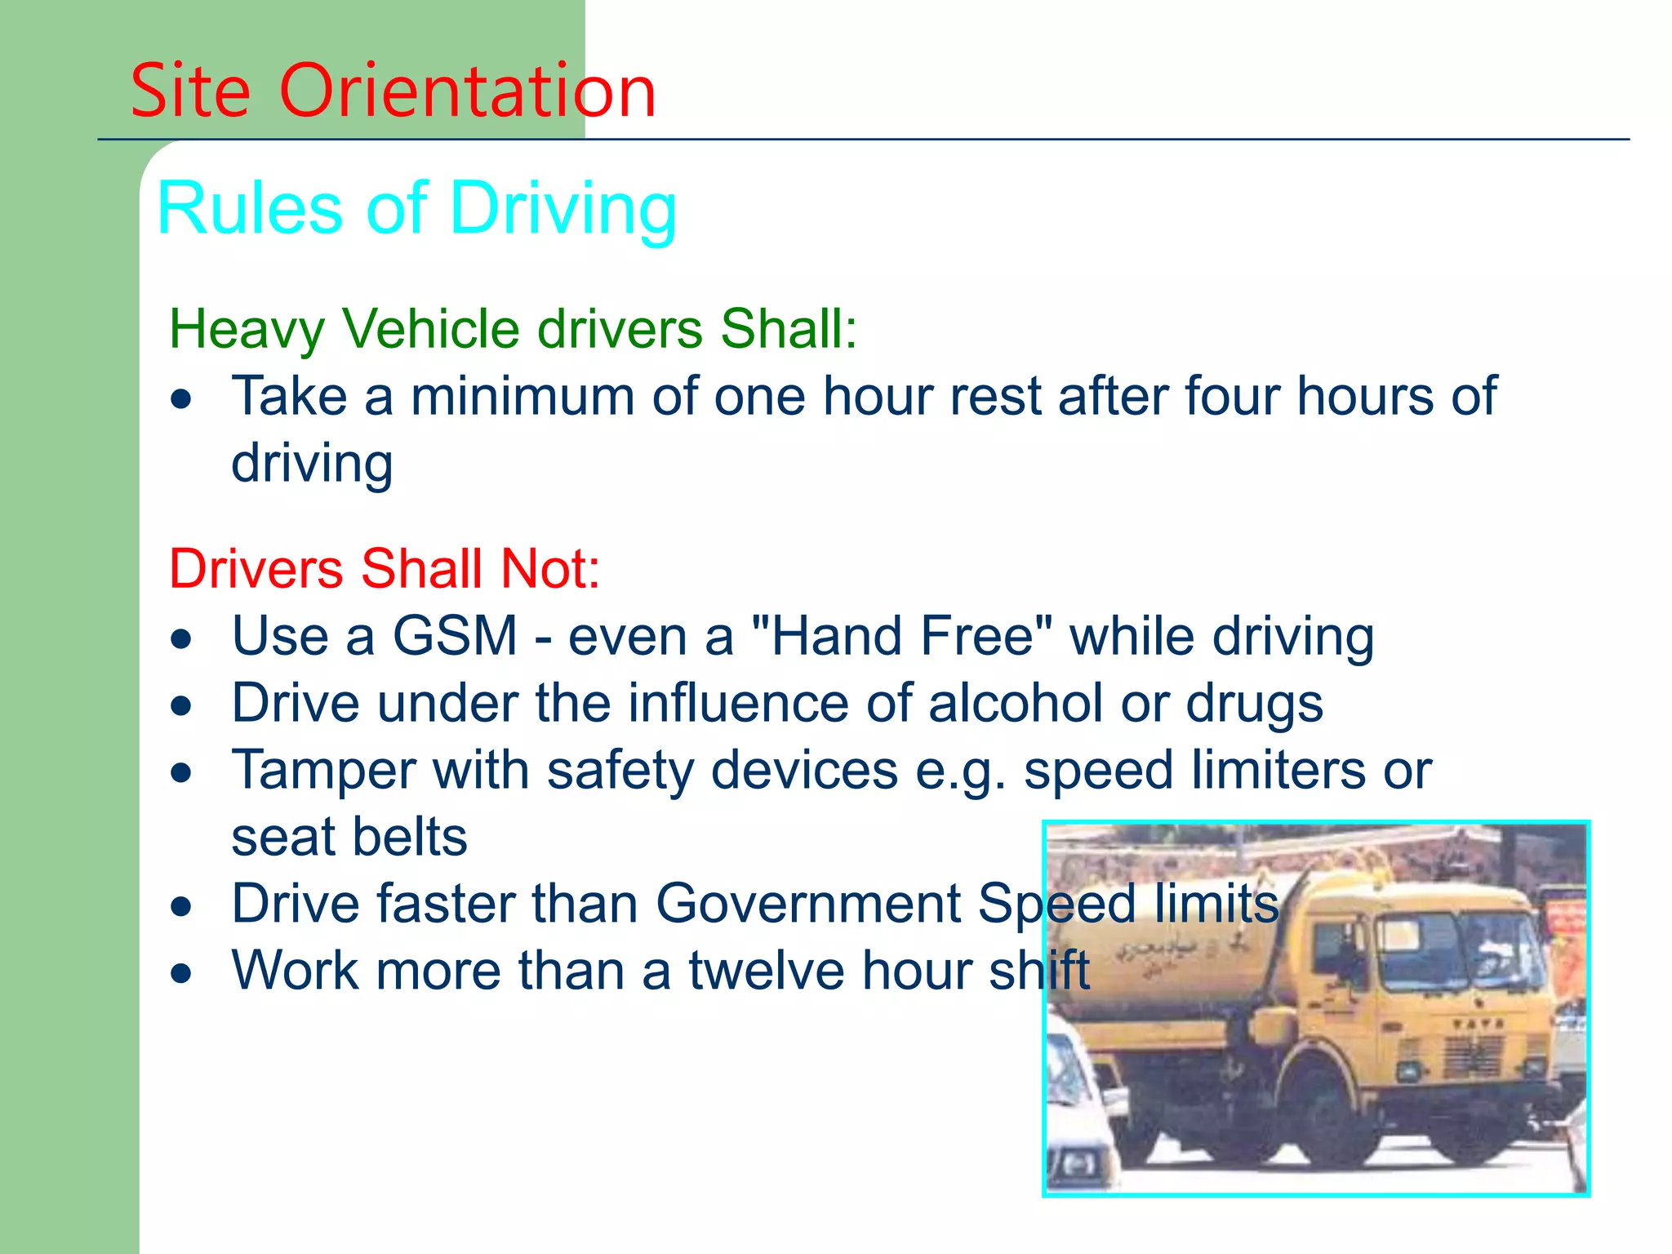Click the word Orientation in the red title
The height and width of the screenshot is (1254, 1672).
tap(467, 91)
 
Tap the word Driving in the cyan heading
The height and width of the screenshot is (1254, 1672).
tap(563, 209)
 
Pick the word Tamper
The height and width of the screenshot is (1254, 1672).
tap(323, 771)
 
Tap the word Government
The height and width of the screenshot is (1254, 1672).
tap(808, 904)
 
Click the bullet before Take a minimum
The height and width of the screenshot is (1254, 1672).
tap(181, 399)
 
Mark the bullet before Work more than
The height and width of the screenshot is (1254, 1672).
tap(181, 972)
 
